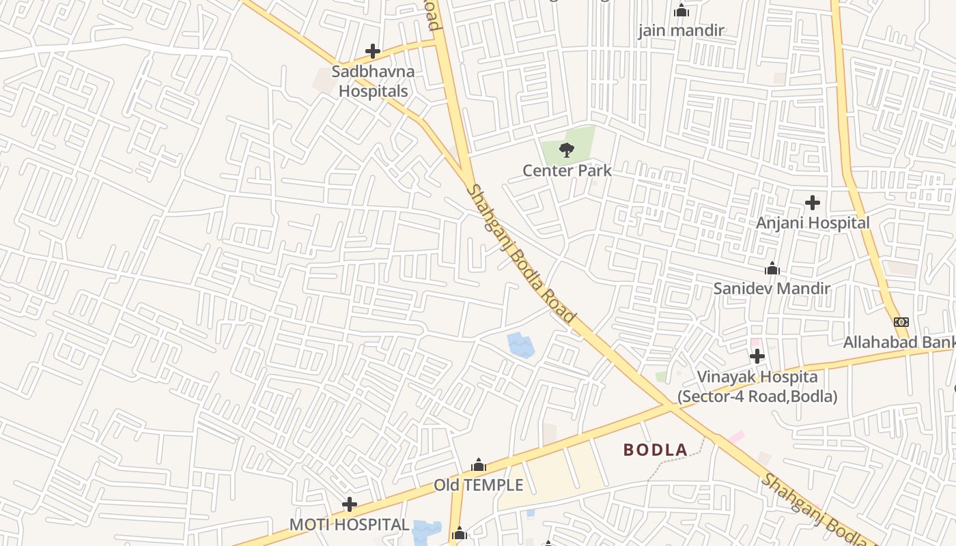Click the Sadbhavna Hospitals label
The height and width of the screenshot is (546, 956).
[373, 81]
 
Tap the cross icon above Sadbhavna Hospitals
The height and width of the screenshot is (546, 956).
[373, 51]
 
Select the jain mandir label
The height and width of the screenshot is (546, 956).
[681, 31]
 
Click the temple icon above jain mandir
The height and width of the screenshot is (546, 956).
[681, 10]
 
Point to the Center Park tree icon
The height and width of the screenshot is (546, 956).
[566, 149]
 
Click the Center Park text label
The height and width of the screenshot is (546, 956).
[567, 171]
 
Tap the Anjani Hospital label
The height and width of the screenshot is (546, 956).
[813, 222]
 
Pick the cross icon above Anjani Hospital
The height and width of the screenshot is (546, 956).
[813, 203]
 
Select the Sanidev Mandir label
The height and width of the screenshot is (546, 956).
[772, 288]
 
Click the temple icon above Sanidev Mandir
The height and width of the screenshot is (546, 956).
[772, 268]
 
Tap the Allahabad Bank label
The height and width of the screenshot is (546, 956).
[899, 342]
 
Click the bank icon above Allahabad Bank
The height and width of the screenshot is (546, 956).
[901, 322]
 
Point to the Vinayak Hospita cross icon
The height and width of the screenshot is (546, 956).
[757, 356]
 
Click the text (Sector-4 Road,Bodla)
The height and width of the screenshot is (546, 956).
[757, 396]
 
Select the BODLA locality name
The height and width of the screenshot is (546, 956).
[656, 450]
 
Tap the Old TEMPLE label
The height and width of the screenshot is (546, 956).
[478, 485]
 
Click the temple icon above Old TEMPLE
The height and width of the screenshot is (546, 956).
[479, 465]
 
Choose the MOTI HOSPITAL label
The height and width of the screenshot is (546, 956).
[349, 525]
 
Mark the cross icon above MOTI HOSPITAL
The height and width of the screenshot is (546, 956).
[350, 504]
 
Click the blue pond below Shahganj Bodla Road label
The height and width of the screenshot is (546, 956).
[520, 345]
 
